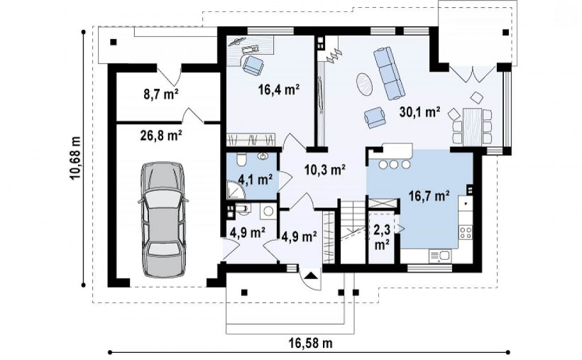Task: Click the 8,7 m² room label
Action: [161, 94]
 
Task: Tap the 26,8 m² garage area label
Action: [161, 135]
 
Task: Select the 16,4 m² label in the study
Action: [279, 89]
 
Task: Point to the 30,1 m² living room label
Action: [419, 111]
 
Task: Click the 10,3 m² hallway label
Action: [325, 170]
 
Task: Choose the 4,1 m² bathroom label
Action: [256, 180]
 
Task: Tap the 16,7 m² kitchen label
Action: [429, 195]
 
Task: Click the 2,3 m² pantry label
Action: [382, 237]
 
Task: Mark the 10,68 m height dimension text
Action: [75, 157]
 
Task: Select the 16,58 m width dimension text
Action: [310, 342]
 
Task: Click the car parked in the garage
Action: [163, 219]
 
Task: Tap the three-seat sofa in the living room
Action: [389, 73]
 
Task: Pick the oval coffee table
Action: [365, 84]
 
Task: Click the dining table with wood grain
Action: [472, 126]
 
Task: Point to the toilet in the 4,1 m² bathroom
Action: [241, 158]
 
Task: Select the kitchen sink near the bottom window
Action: [440, 256]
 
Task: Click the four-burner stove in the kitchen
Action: [466, 232]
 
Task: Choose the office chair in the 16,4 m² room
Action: [253, 65]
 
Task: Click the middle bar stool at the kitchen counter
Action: [394, 164]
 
